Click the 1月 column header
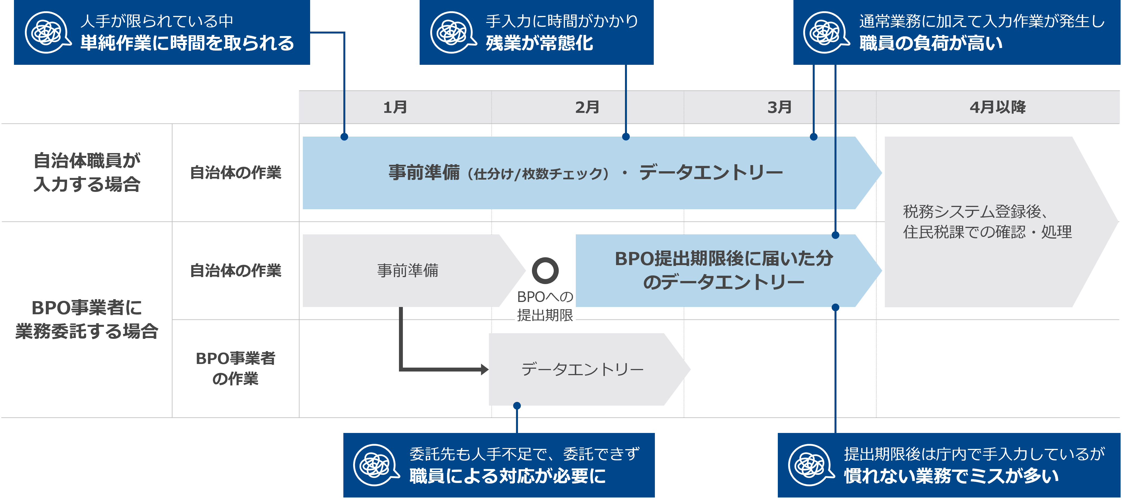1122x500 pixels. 395,107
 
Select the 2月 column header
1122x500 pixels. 587,107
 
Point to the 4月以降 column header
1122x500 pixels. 997,107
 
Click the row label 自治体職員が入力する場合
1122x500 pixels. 87,172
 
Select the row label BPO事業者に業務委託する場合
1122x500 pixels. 87,319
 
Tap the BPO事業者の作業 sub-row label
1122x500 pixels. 235,368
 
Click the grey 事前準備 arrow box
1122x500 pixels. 408,270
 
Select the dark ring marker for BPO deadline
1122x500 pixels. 545,270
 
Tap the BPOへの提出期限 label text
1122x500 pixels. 545,306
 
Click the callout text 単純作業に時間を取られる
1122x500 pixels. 187,43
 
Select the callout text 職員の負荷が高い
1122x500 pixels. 931,43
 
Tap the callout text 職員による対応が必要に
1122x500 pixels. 507,476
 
